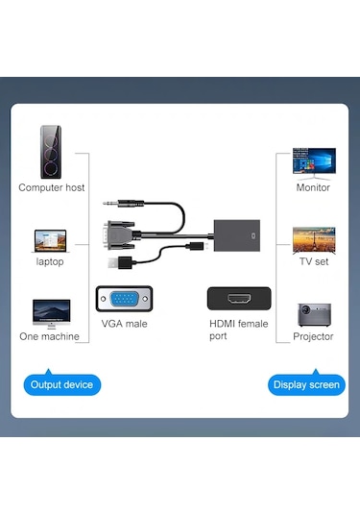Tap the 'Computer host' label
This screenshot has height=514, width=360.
tap(52, 187)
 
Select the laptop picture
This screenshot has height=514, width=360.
tap(51, 239)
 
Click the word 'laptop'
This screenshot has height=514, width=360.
tap(51, 261)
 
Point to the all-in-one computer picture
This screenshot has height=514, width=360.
tap(51, 311)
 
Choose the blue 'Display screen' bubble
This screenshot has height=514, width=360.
tap(304, 384)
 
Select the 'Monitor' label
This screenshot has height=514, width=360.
tap(313, 187)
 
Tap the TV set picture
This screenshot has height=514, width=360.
tap(313, 237)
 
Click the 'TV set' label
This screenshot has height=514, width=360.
tap(313, 261)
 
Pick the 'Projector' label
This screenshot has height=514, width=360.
tap(313, 336)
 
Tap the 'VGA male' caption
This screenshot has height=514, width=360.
tap(124, 324)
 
